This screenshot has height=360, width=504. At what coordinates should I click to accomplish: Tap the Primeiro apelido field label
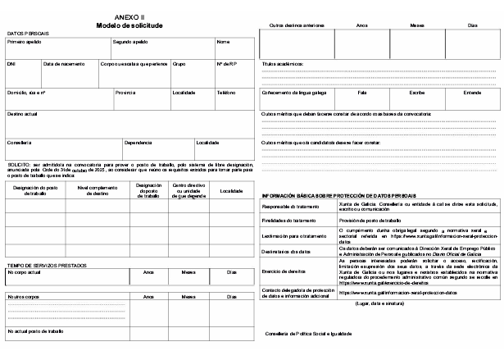(x=25, y=41)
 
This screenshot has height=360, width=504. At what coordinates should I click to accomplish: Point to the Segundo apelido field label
(x=130, y=41)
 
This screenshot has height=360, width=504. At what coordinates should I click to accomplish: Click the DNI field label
(x=11, y=63)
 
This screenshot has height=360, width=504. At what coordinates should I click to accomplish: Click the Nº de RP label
(x=226, y=63)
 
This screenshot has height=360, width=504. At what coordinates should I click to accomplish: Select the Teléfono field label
(x=226, y=93)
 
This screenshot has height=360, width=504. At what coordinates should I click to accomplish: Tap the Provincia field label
(x=125, y=93)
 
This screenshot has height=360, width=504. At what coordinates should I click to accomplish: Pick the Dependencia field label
(x=138, y=143)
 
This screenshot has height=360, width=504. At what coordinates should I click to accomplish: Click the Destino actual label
(x=23, y=114)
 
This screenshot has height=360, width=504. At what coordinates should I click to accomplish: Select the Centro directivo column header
(x=188, y=191)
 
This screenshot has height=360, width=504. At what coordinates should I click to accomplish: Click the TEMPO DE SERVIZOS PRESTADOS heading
(x=47, y=265)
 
